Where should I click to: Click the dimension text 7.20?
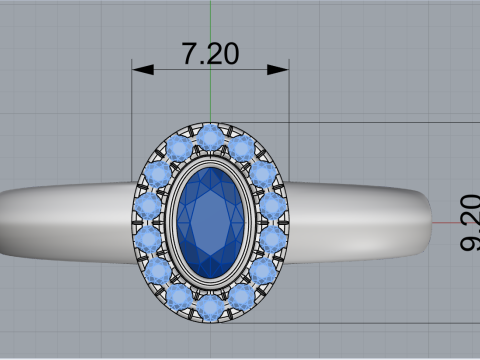[210, 54]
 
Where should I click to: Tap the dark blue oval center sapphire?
[211, 221]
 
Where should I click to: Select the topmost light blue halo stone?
[211, 136]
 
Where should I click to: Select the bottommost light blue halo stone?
[211, 307]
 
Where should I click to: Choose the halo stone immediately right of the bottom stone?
[241, 295]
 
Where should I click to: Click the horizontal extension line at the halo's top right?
[380, 123]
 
